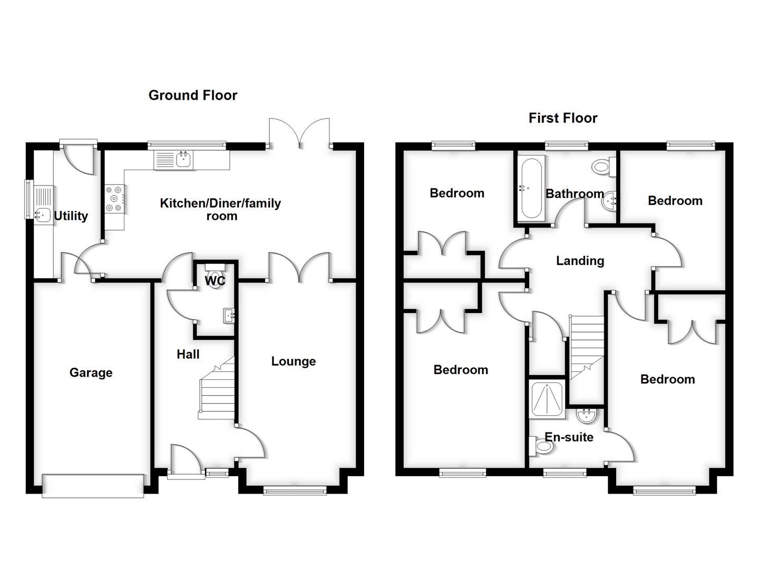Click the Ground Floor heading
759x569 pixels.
click(193, 95)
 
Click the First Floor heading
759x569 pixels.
click(563, 118)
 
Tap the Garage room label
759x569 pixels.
click(91, 373)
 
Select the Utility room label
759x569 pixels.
click(71, 216)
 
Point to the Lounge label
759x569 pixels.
click(294, 361)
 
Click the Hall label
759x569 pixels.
click(188, 355)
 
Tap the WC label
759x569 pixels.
click(215, 281)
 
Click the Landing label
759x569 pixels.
click(580, 261)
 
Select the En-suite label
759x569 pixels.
click(569, 437)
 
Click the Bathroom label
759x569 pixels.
click(575, 194)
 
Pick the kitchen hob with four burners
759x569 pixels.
click(115, 199)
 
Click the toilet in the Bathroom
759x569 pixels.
click(601, 167)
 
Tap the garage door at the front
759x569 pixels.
click(93, 485)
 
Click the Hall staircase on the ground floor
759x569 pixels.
click(216, 390)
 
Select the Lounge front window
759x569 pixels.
click(295, 491)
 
